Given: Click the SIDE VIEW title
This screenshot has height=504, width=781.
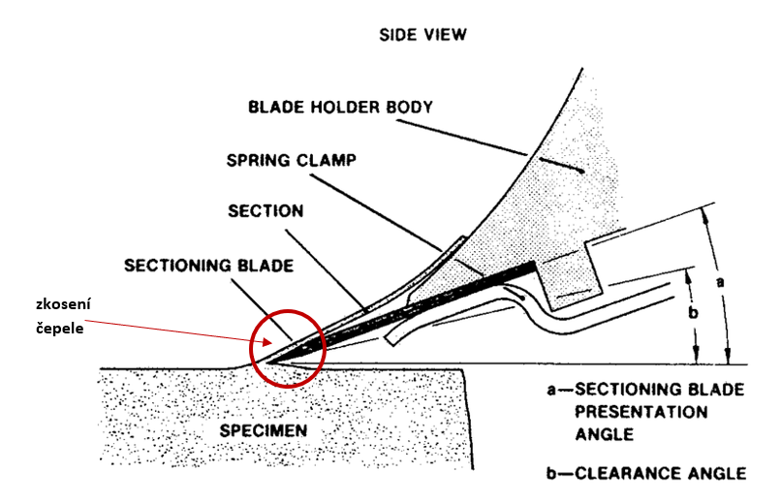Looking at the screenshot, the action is point(422,35).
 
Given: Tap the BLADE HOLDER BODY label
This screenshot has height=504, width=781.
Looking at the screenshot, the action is point(341,107).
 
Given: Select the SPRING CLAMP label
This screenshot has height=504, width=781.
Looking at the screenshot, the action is point(292,160).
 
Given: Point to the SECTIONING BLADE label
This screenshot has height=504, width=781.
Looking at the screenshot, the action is point(208,266).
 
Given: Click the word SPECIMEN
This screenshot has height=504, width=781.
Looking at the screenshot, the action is point(264,430).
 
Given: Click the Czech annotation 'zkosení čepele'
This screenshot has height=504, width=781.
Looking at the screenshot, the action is point(63,316).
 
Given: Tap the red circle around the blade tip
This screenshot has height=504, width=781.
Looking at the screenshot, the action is point(250,349).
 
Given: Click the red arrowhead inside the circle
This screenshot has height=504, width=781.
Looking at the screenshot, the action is point(267,342).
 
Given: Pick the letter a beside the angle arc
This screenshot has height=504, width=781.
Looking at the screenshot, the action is point(720,282).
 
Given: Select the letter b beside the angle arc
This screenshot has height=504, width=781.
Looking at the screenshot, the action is point(693,313).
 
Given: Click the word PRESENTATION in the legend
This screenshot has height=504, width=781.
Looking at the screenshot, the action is point(641,412).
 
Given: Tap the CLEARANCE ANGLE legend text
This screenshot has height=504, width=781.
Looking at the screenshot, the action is point(661,473).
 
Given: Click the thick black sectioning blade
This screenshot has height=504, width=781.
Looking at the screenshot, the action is point(403,312).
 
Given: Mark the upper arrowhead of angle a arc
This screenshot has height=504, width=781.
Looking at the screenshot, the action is point(704,215).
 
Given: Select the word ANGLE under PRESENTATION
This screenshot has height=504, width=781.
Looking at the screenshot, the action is point(605,435).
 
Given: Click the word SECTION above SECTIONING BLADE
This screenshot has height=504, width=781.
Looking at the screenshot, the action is point(266,211).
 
